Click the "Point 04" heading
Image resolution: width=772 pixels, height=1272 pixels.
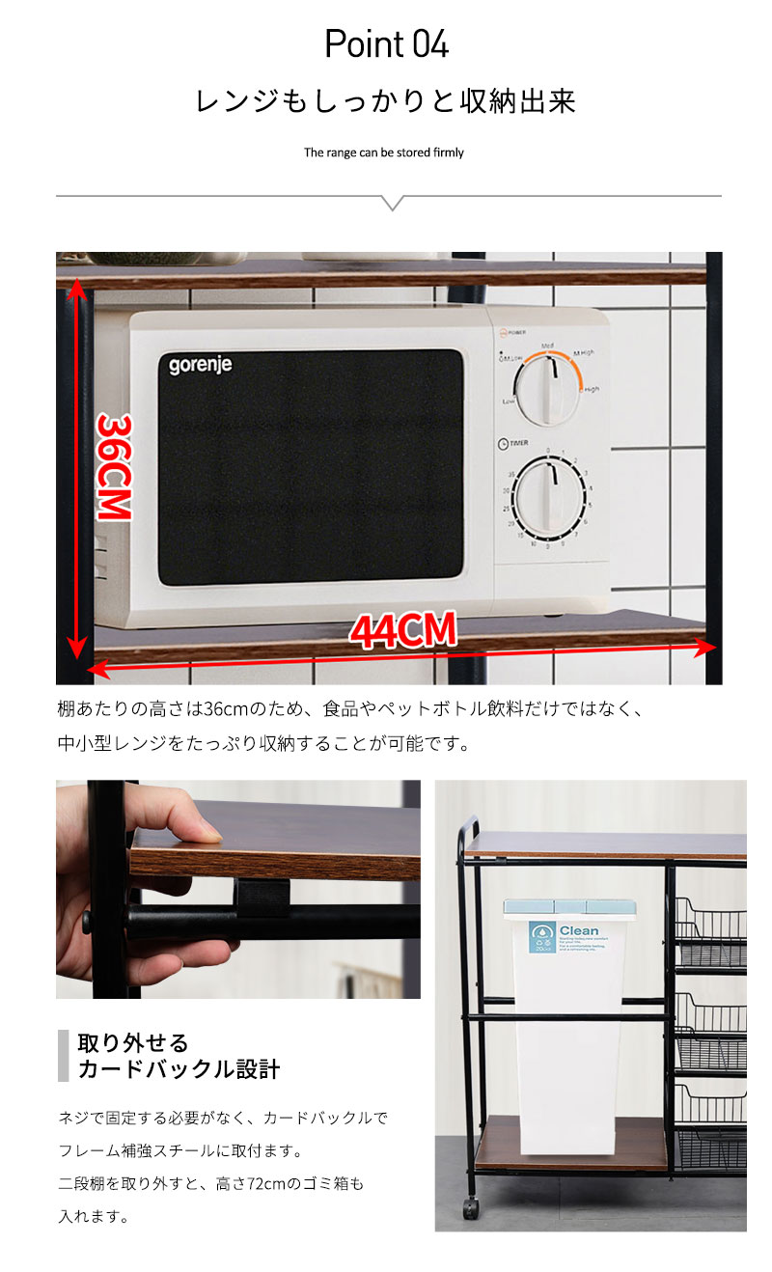[386, 44]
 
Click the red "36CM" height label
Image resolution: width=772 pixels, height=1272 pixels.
[114, 468]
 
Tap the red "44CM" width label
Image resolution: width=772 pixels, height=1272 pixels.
[402, 631]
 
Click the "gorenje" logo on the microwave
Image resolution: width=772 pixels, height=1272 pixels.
[201, 366]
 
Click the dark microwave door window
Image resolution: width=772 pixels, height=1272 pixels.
[310, 467]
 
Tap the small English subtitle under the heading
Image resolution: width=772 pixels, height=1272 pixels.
[384, 152]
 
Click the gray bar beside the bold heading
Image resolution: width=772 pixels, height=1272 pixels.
[64, 1055]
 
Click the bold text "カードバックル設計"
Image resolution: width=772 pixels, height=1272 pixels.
[179, 1069]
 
